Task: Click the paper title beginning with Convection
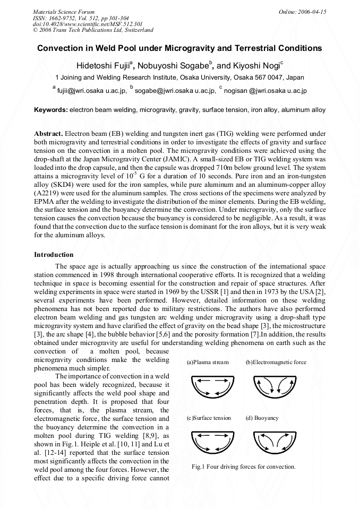pos(179,48)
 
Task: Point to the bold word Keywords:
pos(50,110)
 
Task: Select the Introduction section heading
pos(54,255)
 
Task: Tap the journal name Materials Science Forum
pos(64,12)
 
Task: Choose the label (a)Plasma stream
pos(208,363)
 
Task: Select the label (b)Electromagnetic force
pos(276,363)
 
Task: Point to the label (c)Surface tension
pos(209,418)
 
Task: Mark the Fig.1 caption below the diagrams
pos(243,467)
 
